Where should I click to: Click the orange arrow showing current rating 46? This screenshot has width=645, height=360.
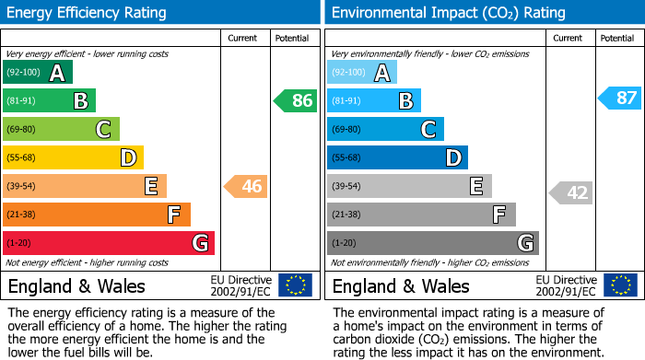point(246,187)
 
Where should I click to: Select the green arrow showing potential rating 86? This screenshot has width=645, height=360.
point(296,100)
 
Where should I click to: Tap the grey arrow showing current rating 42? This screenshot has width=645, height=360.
point(571,192)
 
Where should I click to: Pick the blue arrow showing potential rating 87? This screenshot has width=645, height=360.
point(619,98)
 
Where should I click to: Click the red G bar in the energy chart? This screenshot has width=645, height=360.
point(109,243)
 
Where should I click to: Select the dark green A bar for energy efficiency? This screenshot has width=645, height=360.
point(38,73)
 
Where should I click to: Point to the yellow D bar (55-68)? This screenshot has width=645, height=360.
point(73,157)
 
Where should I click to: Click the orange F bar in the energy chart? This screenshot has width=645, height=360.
point(97,215)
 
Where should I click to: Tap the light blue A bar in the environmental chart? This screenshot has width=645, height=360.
point(362,73)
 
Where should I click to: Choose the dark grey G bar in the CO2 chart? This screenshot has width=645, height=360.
point(432,243)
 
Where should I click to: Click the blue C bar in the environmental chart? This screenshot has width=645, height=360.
point(385,129)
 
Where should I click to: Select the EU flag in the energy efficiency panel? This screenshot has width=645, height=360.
point(295,285)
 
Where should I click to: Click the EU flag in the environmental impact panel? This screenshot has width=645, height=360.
point(619,285)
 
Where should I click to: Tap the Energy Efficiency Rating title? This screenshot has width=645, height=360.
point(88,13)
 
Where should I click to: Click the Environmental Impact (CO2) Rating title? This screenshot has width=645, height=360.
point(448,13)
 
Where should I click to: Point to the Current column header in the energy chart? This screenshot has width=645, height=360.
point(244,38)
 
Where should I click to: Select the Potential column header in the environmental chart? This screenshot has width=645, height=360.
point(617,38)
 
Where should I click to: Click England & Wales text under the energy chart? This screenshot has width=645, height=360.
point(74,285)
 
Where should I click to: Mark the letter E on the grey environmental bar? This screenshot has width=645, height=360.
point(476,186)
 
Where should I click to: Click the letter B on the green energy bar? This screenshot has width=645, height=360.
point(80,100)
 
